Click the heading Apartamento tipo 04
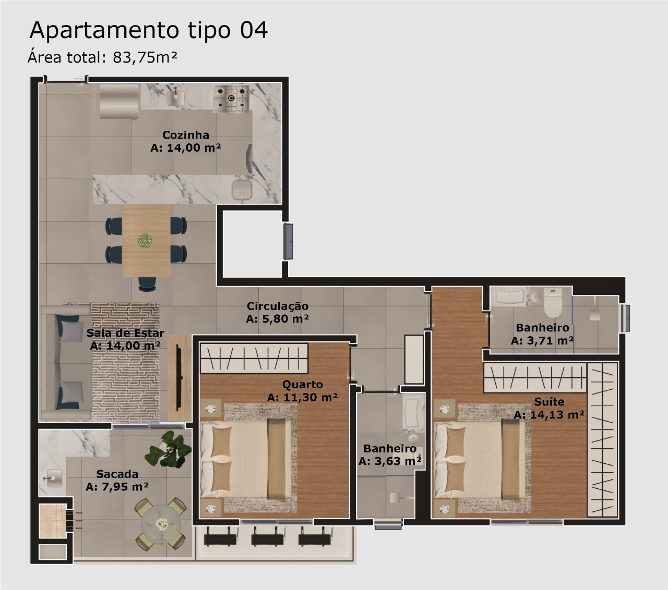click(148, 31)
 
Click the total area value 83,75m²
click(145, 57)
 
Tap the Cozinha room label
click(186, 135)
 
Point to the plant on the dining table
click(145, 241)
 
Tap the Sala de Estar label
click(125, 333)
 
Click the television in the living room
click(178, 377)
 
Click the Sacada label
click(117, 474)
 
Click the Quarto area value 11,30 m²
click(302, 397)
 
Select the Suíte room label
click(550, 402)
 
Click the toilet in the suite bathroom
click(552, 302)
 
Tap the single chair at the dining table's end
click(147, 284)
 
